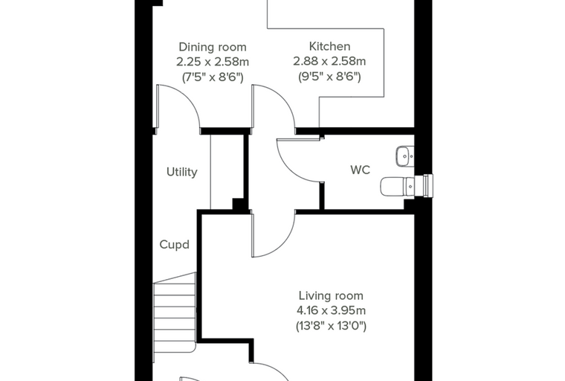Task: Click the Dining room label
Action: [213, 48]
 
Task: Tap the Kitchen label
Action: [329, 47]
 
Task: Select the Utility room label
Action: [182, 172]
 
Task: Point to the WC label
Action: [361, 170]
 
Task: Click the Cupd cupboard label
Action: [175, 245]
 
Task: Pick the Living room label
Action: [331, 296]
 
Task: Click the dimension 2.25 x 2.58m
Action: [213, 62]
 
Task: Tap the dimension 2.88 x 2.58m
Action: [329, 61]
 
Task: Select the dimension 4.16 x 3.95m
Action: [331, 310]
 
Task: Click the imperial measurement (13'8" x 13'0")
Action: [331, 326]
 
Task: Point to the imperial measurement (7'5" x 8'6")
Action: [213, 77]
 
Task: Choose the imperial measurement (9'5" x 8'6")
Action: [329, 77]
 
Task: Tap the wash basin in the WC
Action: [405, 156]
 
